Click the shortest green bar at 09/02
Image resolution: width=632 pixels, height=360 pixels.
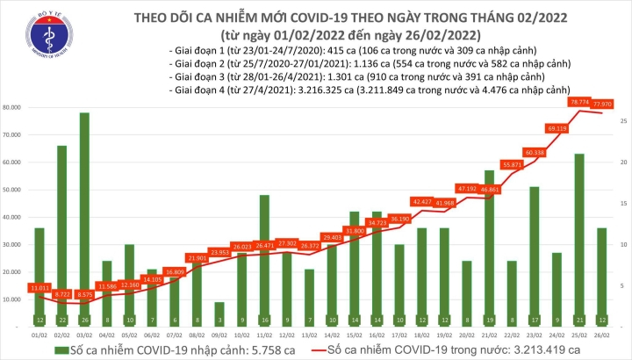coord(219,313)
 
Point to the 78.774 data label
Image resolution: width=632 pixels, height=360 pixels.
coord(580,102)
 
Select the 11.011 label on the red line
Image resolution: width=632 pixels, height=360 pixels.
coord(39,288)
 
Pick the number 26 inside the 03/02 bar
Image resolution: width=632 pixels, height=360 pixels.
coord(85,319)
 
